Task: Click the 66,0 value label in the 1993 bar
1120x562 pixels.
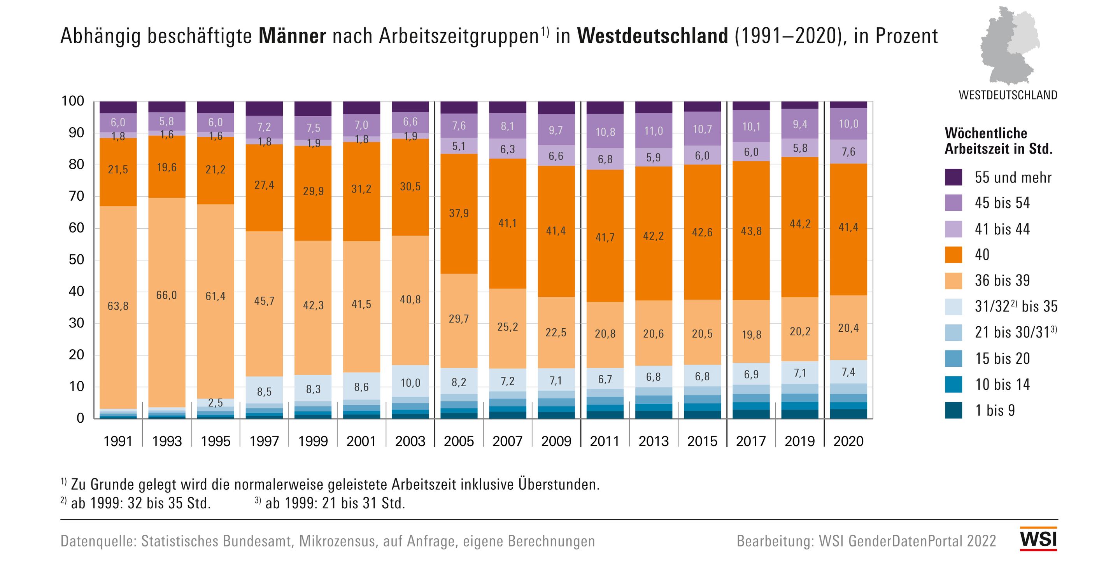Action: pyautogui.click(x=167, y=296)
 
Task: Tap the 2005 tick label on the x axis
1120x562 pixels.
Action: pyautogui.click(x=459, y=441)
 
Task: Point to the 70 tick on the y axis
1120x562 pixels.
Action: pyautogui.click(x=76, y=196)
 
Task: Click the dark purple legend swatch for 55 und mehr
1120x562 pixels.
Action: pyautogui.click(x=953, y=177)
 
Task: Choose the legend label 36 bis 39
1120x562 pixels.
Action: pyautogui.click(x=1002, y=281)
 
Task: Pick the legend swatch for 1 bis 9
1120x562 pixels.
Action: pyautogui.click(x=953, y=410)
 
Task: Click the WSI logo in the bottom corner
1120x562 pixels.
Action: pyautogui.click(x=1038, y=539)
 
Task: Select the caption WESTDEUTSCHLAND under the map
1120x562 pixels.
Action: pyautogui.click(x=1008, y=95)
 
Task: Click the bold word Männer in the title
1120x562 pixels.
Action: pyautogui.click(x=292, y=36)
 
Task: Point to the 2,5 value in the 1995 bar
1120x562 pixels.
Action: pyautogui.click(x=215, y=403)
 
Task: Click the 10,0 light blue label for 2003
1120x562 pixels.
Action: pyautogui.click(x=410, y=383)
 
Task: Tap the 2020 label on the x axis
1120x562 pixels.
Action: pyautogui.click(x=848, y=441)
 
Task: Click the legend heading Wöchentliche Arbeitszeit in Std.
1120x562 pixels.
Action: pyautogui.click(x=998, y=141)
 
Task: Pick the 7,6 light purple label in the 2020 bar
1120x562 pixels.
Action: pyautogui.click(x=848, y=152)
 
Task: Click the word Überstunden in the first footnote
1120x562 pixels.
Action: pyautogui.click(x=559, y=485)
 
